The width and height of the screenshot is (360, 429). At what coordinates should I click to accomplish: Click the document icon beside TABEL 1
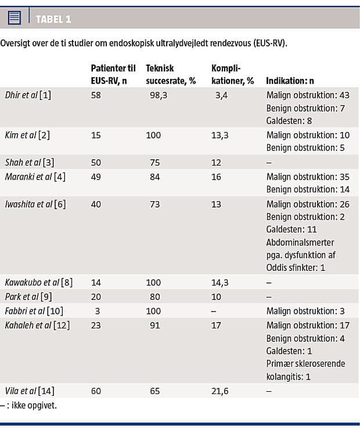tap(15, 19)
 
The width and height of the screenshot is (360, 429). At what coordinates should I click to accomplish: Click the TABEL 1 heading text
tap(53, 19)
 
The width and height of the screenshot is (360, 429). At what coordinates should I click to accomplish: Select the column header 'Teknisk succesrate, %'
tap(170, 74)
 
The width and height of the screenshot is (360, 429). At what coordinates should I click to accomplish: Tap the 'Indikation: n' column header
tap(290, 81)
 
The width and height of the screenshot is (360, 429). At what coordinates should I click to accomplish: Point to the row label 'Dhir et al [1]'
tap(28, 95)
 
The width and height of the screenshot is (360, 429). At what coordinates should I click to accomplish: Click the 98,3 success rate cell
tap(157, 95)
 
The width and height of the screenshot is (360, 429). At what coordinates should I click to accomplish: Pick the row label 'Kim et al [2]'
tap(27, 135)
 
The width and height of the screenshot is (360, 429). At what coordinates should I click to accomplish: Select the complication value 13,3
tap(221, 135)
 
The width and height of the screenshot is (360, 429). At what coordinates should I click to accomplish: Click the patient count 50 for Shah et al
tap(96, 162)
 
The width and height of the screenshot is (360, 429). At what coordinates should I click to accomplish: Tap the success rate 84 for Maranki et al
tap(155, 176)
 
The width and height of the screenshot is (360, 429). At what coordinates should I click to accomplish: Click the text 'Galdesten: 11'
tap(293, 230)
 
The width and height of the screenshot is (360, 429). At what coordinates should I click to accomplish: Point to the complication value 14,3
tap(221, 283)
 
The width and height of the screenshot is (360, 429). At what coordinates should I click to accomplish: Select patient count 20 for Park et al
tap(96, 297)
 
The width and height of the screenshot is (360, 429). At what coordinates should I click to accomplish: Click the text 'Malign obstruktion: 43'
tap(308, 95)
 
